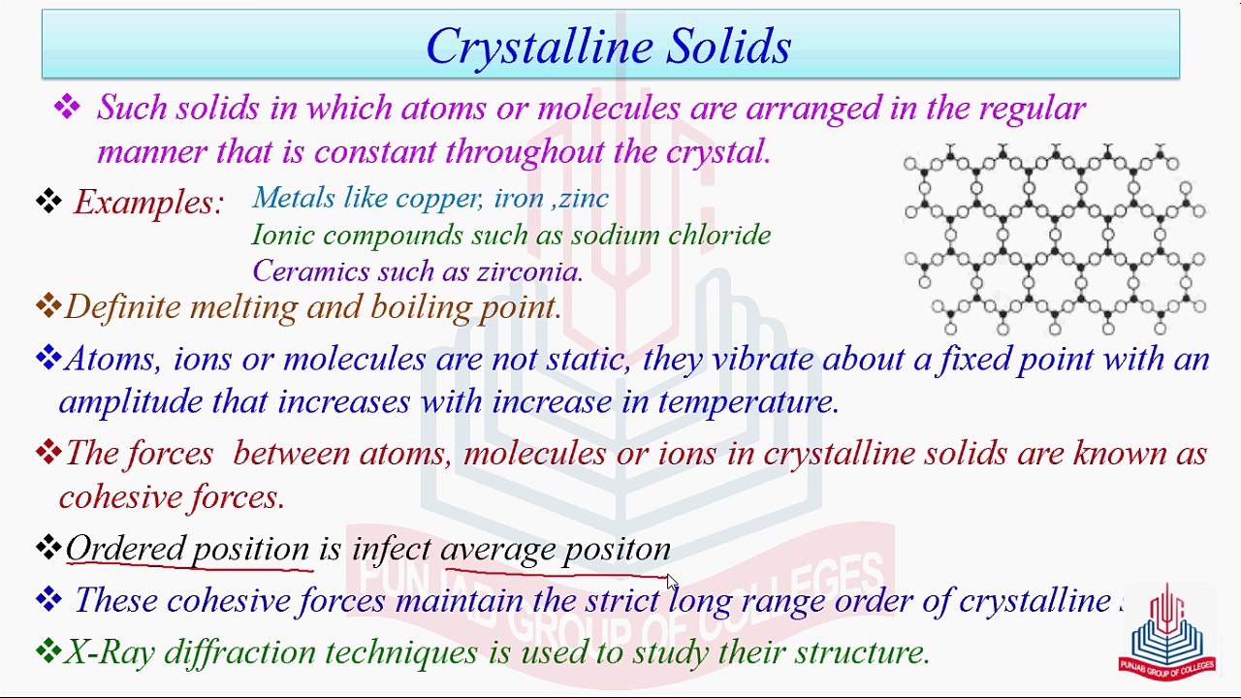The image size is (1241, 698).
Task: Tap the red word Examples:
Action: (148, 203)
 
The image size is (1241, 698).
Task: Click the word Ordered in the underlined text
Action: (123, 549)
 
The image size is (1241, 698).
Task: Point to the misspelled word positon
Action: (618, 550)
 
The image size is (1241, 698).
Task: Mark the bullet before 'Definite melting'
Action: (48, 306)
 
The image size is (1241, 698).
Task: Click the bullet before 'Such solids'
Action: (67, 107)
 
